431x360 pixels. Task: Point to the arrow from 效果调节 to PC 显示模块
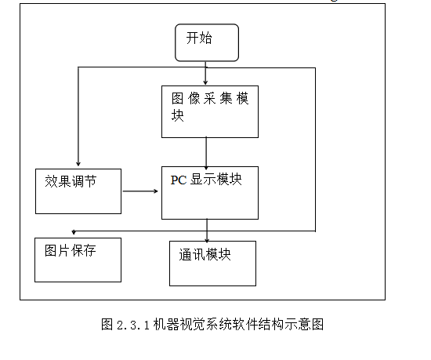pyautogui.click(x=140, y=191)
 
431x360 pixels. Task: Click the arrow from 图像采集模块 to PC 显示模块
pyautogui.click(x=206, y=154)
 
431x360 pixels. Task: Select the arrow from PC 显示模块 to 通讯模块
pyautogui.click(x=207, y=231)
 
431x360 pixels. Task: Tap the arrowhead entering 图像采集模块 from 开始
pyautogui.click(x=205, y=82)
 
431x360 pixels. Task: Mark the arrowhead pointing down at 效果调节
pyautogui.click(x=78, y=164)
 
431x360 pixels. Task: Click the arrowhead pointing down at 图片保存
pyautogui.click(x=74, y=232)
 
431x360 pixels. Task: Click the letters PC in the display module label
pyautogui.click(x=179, y=180)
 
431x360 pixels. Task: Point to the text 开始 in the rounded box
pyautogui.click(x=199, y=38)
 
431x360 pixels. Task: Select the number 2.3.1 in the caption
pyautogui.click(x=133, y=325)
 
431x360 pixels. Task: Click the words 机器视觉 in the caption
pyautogui.click(x=179, y=324)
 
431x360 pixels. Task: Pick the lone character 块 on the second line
pyautogui.click(x=177, y=115)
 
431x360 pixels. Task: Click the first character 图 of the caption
pyautogui.click(x=107, y=324)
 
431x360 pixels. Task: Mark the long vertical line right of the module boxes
pyautogui.click(x=315, y=149)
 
